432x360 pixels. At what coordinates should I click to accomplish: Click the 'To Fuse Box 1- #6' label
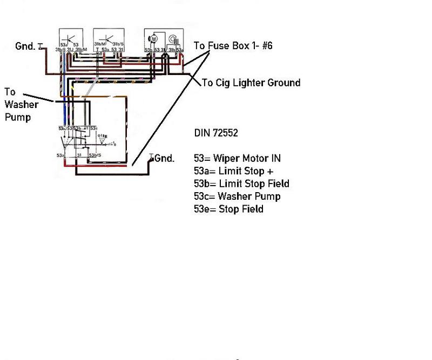coord(233,46)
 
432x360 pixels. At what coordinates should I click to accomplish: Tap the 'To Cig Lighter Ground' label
coord(251,83)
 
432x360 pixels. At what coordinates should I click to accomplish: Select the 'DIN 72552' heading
coord(215,133)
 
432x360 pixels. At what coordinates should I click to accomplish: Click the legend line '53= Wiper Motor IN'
coord(237,158)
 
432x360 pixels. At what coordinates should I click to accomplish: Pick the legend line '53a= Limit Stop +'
coord(230,171)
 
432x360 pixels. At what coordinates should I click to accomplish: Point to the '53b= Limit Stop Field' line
coord(241,184)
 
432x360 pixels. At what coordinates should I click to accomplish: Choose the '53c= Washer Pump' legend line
coord(237,196)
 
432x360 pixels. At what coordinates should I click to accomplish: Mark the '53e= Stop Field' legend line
coord(228,208)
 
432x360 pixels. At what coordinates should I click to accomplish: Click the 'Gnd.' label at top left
coord(26,46)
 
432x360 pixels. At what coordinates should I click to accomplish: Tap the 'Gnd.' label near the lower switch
coord(165,158)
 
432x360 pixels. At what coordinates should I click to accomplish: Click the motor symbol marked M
coord(153,39)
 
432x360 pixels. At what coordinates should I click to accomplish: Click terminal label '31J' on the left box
coord(71,50)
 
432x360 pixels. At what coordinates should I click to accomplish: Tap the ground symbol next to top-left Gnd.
coord(40,47)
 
